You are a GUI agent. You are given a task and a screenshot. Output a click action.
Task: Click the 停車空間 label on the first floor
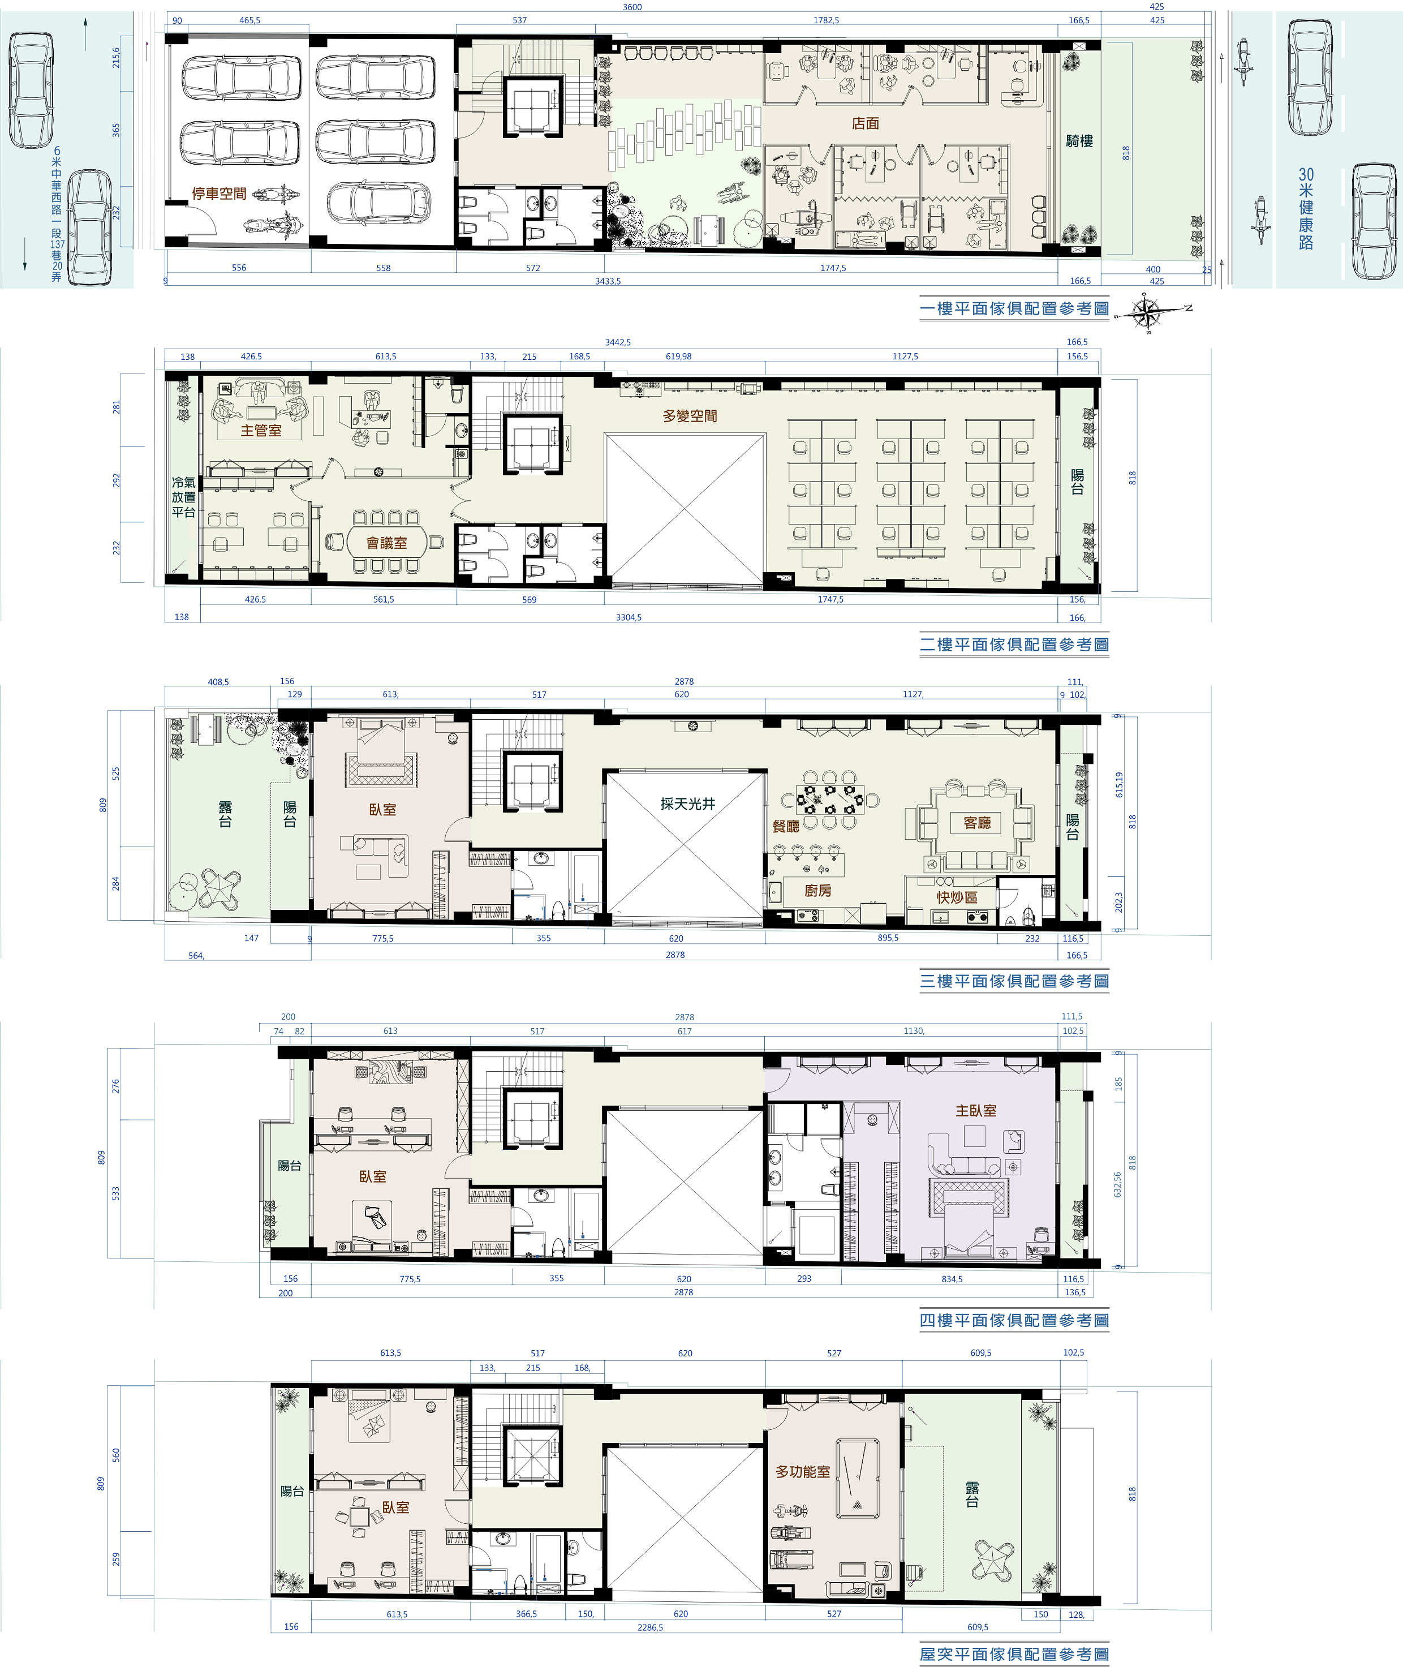tap(220, 194)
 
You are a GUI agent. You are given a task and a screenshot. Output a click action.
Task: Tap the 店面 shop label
tap(866, 123)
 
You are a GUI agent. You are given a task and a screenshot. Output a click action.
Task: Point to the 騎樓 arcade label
tap(1079, 141)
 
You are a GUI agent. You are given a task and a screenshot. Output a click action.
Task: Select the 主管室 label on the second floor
tap(261, 430)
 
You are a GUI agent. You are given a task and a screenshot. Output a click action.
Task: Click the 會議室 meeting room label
tap(386, 543)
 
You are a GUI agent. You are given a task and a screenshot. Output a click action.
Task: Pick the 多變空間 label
tap(690, 415)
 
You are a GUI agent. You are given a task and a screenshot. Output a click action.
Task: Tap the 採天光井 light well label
tap(688, 804)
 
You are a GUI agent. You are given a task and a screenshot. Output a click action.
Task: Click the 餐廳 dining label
tap(786, 826)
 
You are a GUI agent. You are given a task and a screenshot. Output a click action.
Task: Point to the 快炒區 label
tap(957, 897)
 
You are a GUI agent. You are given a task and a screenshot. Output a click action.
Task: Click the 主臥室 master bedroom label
tap(976, 1110)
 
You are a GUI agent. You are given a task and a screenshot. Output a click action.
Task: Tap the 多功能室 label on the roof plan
tap(803, 1471)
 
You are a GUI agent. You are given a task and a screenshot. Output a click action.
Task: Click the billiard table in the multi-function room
tap(858, 1479)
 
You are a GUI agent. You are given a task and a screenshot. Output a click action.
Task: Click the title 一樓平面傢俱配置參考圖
tap(1014, 308)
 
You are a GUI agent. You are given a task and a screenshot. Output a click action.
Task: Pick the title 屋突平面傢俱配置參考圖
tap(1014, 1653)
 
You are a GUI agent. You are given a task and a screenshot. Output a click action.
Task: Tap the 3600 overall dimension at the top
tap(632, 7)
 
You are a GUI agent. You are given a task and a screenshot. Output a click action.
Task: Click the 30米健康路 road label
tap(1306, 208)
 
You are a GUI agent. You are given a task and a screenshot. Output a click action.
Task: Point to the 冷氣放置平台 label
tap(184, 497)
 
